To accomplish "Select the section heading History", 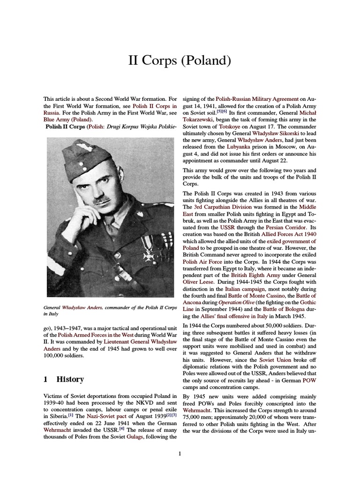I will click(70, 379).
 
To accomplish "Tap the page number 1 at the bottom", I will click(180, 453).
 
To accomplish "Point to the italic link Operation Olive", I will click(234, 303).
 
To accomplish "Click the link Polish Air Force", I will click(204, 262).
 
